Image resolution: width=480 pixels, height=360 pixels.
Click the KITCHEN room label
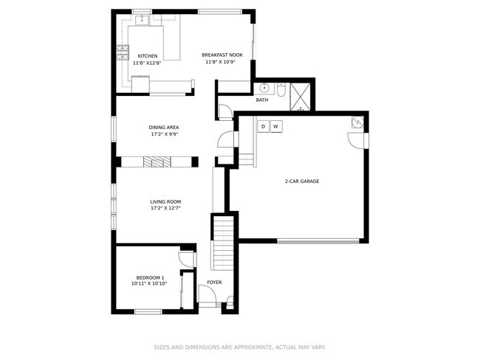click(x=148, y=56)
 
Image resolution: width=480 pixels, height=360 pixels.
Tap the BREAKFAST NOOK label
click(x=222, y=55)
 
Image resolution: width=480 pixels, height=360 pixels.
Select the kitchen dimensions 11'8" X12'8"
click(x=148, y=63)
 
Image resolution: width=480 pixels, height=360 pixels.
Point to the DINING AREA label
click(x=165, y=127)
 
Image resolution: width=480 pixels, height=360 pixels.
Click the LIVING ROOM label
click(x=165, y=201)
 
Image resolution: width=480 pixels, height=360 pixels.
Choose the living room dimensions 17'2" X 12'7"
click(x=165, y=208)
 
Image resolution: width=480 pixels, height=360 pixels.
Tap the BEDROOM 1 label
click(x=149, y=277)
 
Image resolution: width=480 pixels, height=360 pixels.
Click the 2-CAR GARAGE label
click(x=301, y=181)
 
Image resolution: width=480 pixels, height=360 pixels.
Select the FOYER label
click(x=214, y=282)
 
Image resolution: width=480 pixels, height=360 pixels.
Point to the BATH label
click(x=262, y=100)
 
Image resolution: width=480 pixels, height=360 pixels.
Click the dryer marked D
click(x=263, y=127)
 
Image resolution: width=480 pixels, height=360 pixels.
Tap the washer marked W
click(x=275, y=127)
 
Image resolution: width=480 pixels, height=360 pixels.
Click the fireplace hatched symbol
click(x=157, y=162)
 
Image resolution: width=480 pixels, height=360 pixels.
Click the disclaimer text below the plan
click(x=239, y=347)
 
